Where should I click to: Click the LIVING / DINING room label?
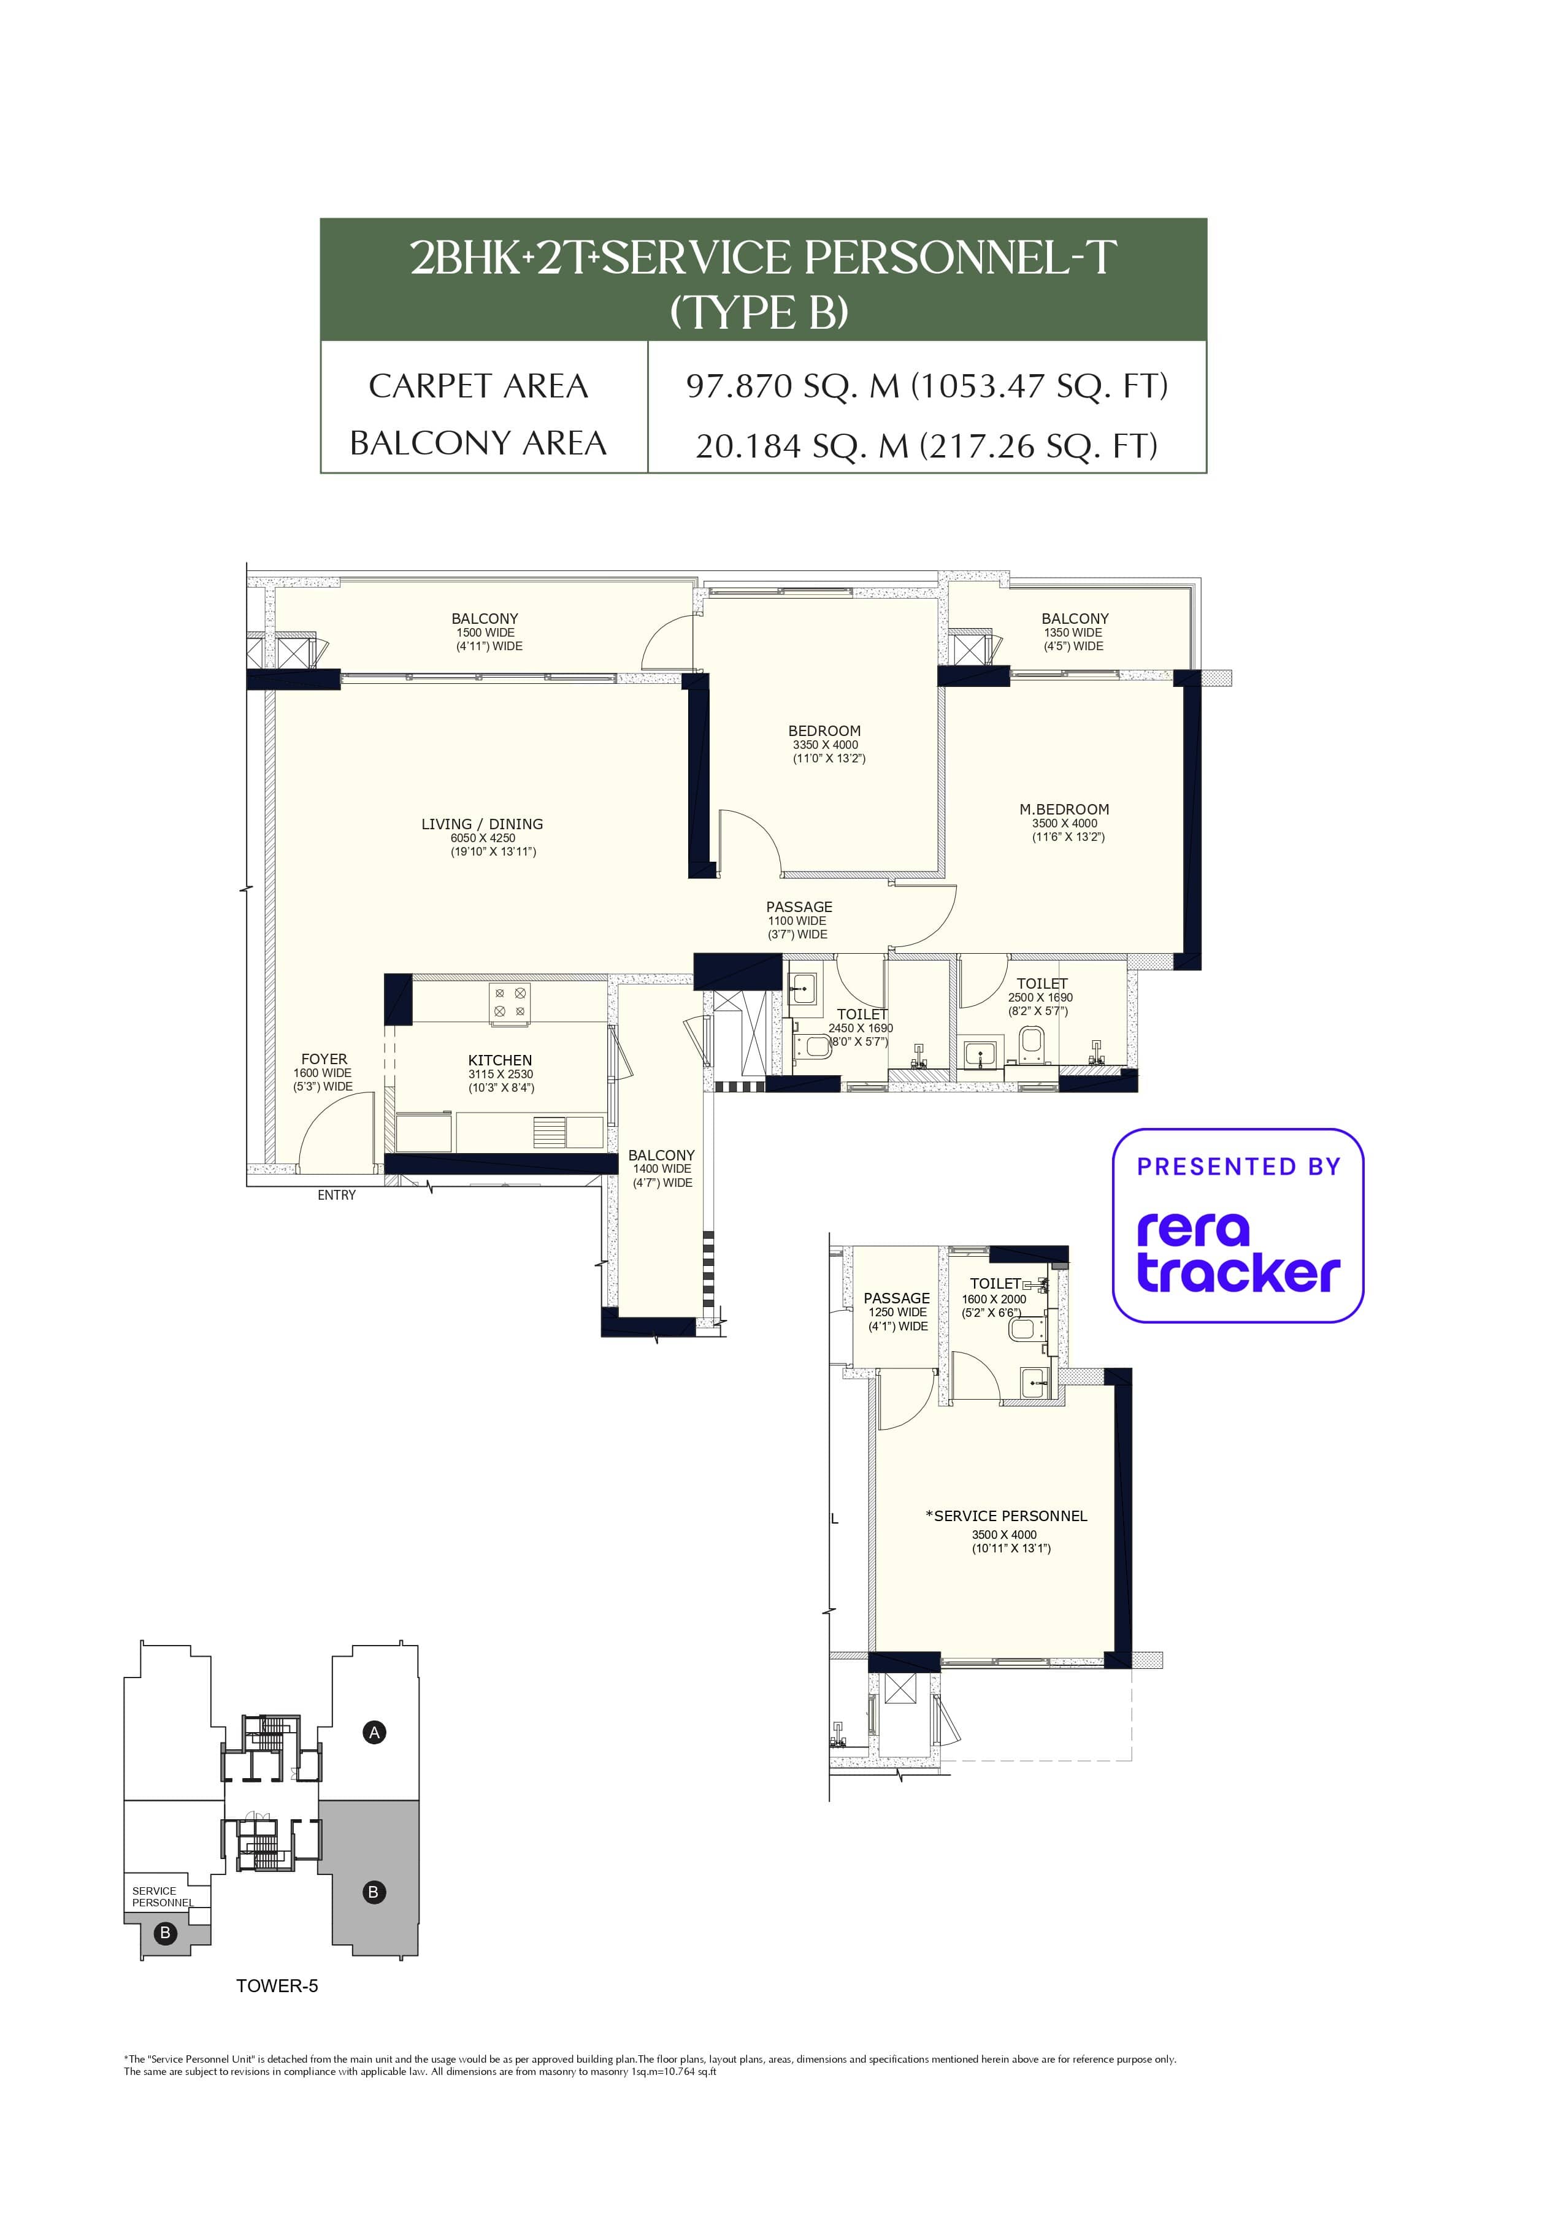pos(482,824)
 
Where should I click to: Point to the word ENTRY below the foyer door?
pos(336,1195)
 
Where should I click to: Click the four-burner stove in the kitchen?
pos(509,1001)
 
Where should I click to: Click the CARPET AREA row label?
pos(478,386)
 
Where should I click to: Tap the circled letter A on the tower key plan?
pos(375,1732)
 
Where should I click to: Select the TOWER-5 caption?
pos(277,1985)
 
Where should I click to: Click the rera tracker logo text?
pos(1238,1252)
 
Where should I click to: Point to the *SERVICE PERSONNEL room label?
pos(1006,1516)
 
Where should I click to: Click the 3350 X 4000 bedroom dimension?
pos(825,745)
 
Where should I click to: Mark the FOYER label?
pos(324,1059)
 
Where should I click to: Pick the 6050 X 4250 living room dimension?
pos(483,838)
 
